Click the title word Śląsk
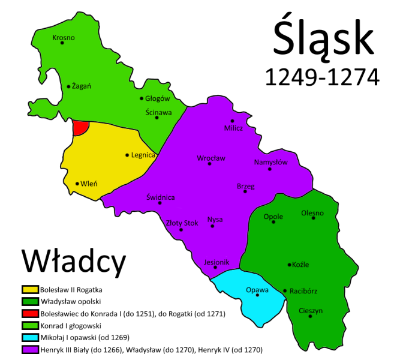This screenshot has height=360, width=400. [323, 40]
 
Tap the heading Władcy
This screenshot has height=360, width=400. [74, 261]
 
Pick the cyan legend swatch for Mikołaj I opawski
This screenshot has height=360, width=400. [30, 337]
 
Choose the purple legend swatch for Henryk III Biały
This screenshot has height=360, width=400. [30, 349]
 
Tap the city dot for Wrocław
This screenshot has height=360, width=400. [209, 164]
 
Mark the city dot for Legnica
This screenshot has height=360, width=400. [127, 155]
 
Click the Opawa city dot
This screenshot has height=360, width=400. [258, 295]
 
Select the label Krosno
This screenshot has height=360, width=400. [64, 38]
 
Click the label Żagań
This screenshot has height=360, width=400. [81, 86]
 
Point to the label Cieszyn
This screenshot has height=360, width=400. [311, 310]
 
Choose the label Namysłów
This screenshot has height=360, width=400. [270, 162]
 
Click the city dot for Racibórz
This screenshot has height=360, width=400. [285, 291]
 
